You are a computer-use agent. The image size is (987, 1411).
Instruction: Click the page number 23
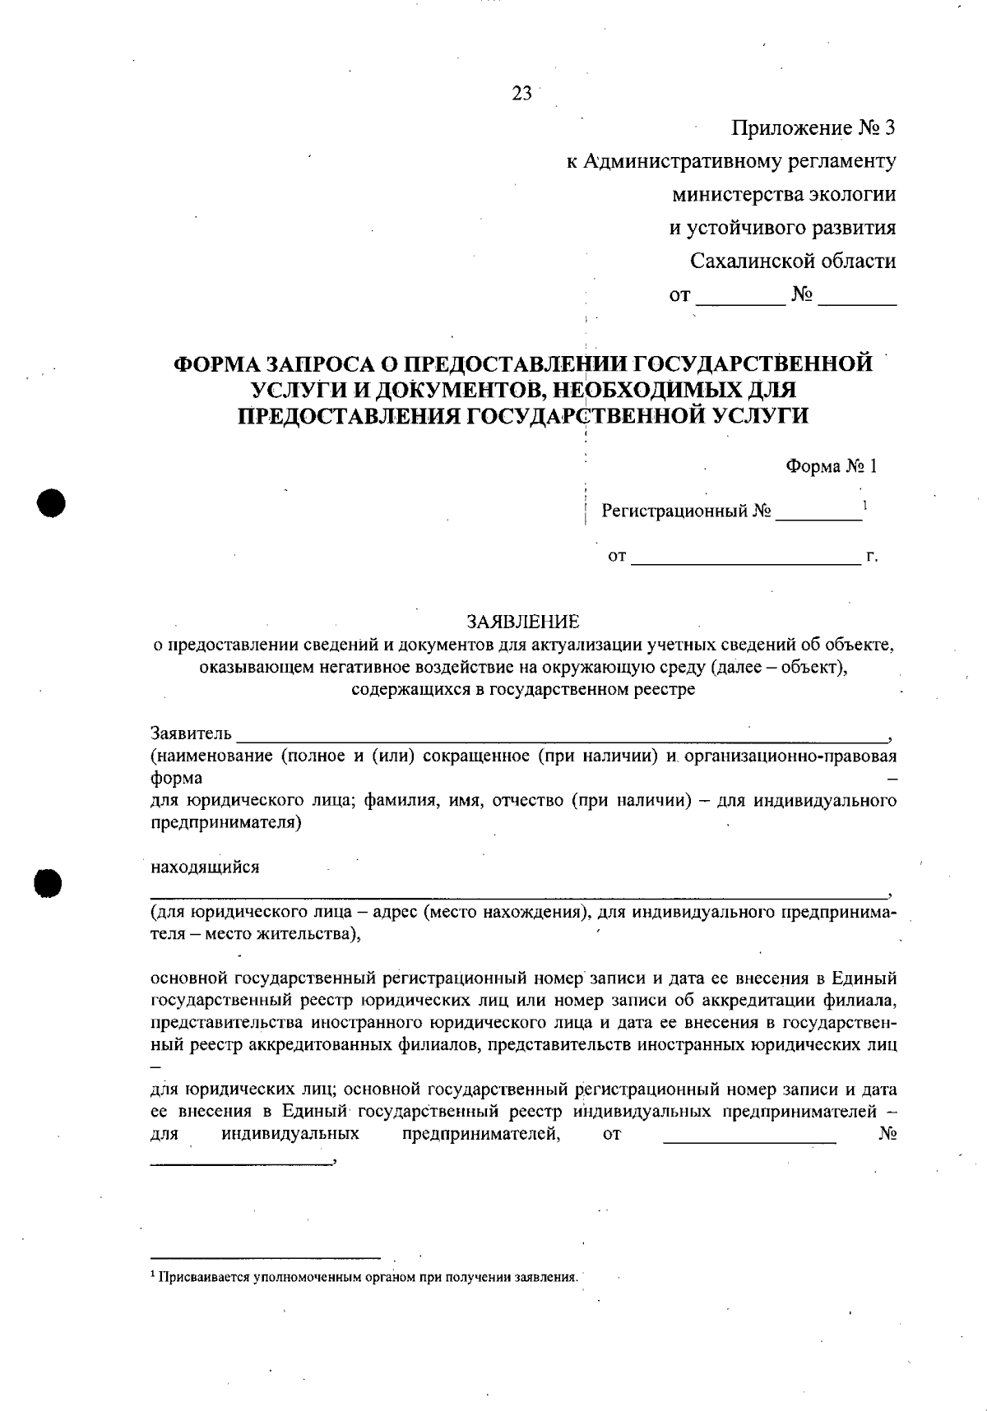coord(522,93)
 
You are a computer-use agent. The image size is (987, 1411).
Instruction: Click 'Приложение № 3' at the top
coord(813,128)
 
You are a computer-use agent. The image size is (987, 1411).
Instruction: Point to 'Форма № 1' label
coord(832,466)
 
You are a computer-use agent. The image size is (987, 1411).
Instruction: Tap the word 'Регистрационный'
coord(674,511)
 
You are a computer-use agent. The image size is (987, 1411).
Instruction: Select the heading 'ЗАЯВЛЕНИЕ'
coord(523,621)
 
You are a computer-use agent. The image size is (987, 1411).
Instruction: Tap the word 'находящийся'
coord(205,867)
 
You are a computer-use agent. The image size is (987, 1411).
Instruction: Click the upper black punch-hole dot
coord(50,502)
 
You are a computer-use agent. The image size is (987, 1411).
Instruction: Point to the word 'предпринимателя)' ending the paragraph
coord(226,822)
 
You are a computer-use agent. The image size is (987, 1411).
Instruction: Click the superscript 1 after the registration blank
coord(865,503)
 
